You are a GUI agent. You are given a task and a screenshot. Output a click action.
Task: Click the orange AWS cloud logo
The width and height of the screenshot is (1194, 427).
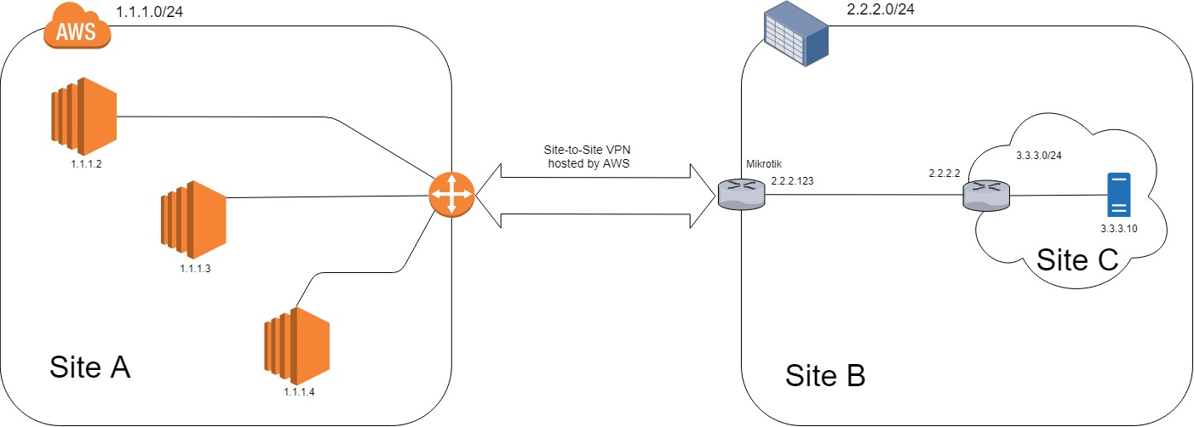point(77,29)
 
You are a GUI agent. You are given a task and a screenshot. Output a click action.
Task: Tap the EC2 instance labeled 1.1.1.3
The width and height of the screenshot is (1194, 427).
point(192,219)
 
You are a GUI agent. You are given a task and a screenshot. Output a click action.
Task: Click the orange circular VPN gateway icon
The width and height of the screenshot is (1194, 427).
point(451,196)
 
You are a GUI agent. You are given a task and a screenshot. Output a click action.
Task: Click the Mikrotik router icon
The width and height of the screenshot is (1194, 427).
point(742,196)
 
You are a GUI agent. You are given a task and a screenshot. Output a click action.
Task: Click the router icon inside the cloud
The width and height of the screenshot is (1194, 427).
point(985,197)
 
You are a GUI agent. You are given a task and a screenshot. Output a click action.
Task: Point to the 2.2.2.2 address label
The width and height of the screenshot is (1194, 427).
point(944,174)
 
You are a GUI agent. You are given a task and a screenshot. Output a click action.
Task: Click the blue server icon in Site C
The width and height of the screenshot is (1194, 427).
point(1119,196)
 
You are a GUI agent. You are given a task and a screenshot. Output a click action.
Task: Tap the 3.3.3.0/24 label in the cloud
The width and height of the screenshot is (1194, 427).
point(1046,157)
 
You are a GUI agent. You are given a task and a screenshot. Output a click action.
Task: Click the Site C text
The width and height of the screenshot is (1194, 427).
point(1076,259)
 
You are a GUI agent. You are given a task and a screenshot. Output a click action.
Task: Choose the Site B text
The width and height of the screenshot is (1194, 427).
point(824,374)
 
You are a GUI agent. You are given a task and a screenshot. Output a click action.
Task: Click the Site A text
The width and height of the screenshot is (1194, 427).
point(89,367)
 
